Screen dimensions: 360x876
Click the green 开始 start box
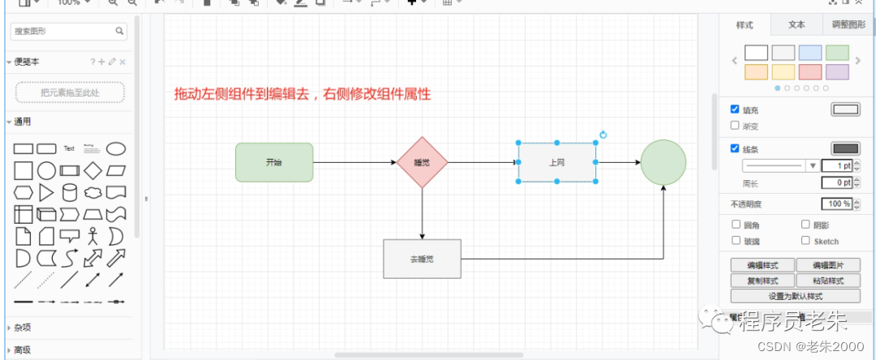[x=274, y=162]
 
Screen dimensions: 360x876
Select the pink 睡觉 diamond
[x=422, y=162]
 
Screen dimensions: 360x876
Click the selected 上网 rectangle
[x=557, y=162]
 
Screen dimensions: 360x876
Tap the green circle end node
[x=663, y=162]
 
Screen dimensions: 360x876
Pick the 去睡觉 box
[x=422, y=259]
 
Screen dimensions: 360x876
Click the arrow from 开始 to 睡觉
[x=354, y=162]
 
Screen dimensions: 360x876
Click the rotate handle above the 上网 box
[x=603, y=135]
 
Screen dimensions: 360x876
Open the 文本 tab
[x=797, y=24]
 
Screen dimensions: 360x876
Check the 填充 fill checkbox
[x=735, y=109]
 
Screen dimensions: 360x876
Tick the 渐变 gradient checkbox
[x=735, y=126]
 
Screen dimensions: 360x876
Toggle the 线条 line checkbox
[x=735, y=148]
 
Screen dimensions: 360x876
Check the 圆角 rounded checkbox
[x=736, y=225]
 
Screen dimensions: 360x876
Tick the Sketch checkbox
[x=805, y=241]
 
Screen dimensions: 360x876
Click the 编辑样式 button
[x=762, y=265]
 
